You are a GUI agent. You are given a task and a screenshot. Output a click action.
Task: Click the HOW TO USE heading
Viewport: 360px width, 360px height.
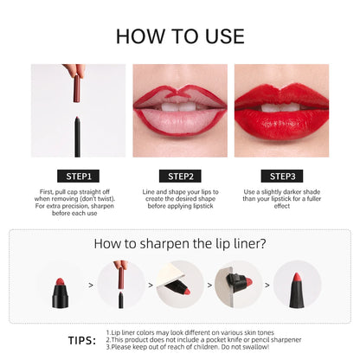click(180, 35)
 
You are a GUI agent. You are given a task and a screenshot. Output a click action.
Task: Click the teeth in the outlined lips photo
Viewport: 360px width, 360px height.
click(179, 106)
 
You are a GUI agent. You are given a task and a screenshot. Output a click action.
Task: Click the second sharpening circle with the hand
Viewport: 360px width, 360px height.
click(121, 285)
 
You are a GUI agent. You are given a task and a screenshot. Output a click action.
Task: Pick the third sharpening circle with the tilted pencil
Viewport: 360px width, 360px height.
click(180, 285)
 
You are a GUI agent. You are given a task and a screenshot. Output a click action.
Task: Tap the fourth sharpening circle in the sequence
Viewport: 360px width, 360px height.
click(238, 285)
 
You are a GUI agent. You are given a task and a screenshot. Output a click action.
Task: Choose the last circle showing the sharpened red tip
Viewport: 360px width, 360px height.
click(296, 285)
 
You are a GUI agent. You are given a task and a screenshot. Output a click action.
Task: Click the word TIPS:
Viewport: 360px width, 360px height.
click(82, 340)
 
